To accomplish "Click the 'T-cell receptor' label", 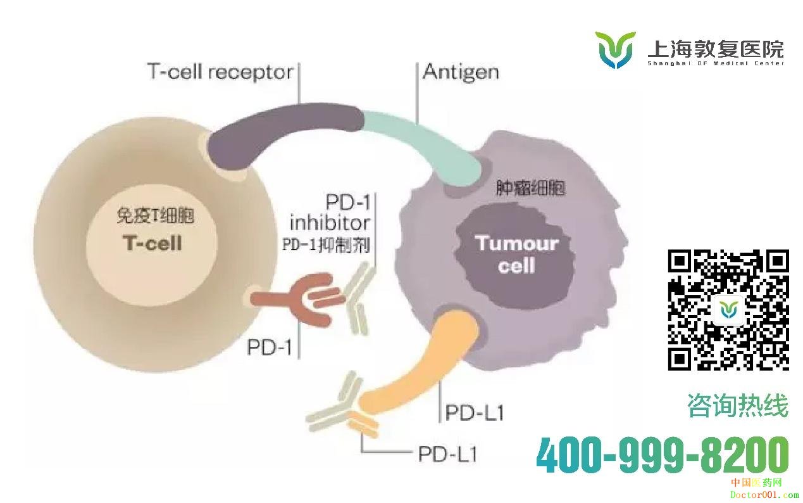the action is click(220, 72).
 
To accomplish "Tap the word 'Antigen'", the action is click(461, 72).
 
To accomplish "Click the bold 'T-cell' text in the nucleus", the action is click(153, 243).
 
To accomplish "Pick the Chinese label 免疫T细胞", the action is click(155, 215).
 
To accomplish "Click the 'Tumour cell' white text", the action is click(516, 254).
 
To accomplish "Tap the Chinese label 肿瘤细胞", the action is click(530, 188).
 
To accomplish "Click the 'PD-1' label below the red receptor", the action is click(270, 347).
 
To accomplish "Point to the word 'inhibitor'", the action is click(330, 223).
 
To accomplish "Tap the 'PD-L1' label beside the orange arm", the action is click(475, 413).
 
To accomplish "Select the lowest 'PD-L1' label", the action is click(448, 454).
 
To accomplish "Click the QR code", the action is click(728, 310).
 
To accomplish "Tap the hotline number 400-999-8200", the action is click(663, 455).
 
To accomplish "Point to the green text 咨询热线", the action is click(738, 405).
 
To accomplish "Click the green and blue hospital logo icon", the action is click(616, 50).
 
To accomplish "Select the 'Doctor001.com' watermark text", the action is click(764, 495).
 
